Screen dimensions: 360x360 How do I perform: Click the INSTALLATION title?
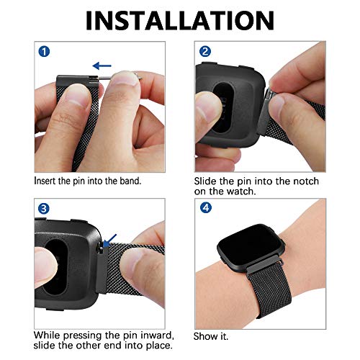pos(180,19)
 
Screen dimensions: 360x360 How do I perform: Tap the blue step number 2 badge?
pos(204,52)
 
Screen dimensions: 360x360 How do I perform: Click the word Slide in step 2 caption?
pos(207,181)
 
